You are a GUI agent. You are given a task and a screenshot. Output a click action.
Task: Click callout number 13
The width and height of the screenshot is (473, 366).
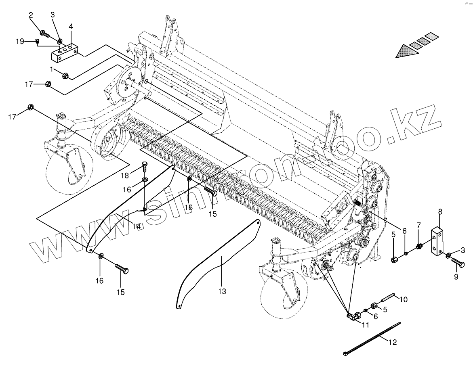(222, 291)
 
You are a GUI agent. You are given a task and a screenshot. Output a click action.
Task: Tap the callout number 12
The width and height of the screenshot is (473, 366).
(392, 343)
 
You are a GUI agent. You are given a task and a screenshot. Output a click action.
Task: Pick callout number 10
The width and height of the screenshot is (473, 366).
(404, 299)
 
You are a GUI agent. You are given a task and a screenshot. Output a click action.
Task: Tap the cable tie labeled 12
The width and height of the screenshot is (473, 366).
(372, 337)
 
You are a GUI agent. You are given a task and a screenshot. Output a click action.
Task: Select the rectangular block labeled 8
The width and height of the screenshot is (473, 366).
(437, 243)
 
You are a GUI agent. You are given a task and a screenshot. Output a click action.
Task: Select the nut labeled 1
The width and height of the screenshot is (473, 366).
(66, 75)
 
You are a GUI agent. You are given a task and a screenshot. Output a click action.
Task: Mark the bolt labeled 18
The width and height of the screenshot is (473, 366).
(145, 166)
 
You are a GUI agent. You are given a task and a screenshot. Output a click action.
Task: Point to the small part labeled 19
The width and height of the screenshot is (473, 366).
(37, 41)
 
